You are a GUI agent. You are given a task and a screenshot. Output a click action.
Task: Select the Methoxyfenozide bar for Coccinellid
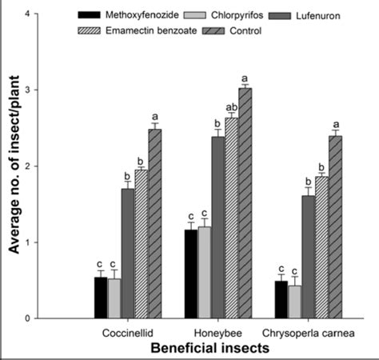pyautogui.click(x=100, y=298)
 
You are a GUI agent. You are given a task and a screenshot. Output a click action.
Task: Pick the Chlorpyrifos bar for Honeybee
pyautogui.click(x=205, y=273)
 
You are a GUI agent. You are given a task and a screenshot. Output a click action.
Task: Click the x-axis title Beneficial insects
pyautogui.click(x=206, y=348)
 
